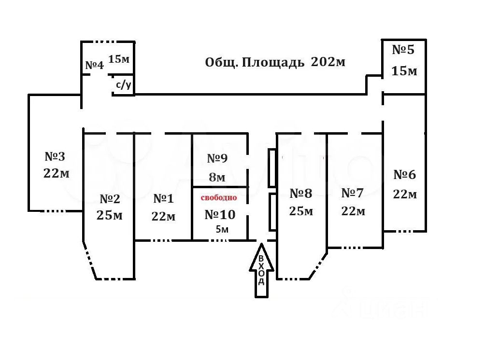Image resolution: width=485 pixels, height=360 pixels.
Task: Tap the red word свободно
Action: click(219, 197)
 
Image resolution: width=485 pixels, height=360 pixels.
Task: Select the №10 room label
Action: click(220, 214)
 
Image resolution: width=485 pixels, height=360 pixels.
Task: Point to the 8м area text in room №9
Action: click(217, 177)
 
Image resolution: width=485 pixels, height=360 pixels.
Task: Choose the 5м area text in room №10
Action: click(222, 229)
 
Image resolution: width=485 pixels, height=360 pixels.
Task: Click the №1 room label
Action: click(163, 198)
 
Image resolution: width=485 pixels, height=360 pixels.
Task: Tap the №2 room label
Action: click(110, 198)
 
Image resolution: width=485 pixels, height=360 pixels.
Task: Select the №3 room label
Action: click(55, 156)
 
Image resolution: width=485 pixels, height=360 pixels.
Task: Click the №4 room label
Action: click(94, 65)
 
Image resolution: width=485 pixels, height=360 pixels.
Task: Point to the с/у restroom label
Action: click(123, 85)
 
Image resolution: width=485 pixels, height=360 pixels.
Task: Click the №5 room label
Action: click(403, 50)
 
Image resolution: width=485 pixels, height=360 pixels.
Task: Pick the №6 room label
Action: click(405, 175)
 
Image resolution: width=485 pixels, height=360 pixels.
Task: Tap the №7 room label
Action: click(352, 193)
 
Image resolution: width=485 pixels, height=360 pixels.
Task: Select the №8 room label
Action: click(301, 194)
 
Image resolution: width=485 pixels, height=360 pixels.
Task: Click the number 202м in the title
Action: click(328, 62)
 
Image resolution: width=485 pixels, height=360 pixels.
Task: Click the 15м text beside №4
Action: click(119, 59)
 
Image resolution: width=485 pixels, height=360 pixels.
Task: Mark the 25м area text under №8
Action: click(301, 211)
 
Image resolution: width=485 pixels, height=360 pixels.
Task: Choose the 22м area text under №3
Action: click(56, 173)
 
